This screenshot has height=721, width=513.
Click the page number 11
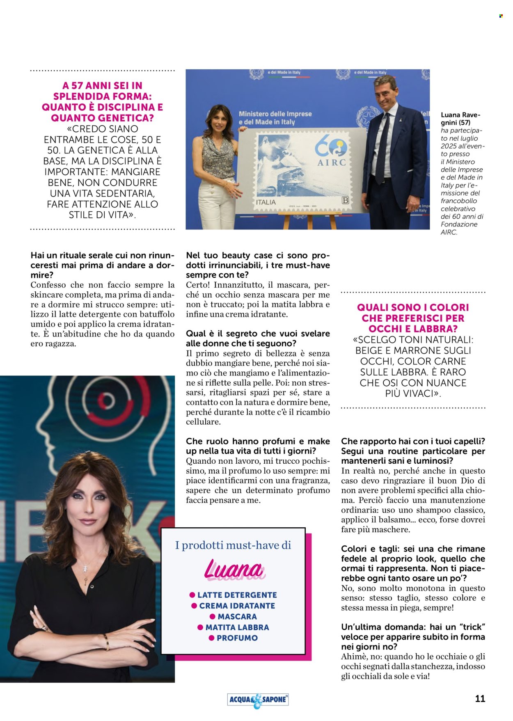coord(480,698)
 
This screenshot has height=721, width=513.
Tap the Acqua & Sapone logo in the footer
coord(258,700)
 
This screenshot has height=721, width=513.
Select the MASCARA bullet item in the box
coord(237,616)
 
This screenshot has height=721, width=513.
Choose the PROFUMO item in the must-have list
coord(237,638)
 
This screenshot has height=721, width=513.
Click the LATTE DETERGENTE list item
coord(237,595)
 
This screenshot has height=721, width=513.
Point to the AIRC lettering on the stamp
coord(332,163)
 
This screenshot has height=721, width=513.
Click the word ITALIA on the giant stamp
coord(266,202)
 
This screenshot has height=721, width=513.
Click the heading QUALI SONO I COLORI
coord(412,307)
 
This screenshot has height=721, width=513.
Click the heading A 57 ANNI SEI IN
coord(102,85)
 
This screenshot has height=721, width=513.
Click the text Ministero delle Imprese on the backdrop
coord(275,114)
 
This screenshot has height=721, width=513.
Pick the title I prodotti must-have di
coord(233,545)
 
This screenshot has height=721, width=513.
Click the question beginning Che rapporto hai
coord(412,442)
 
